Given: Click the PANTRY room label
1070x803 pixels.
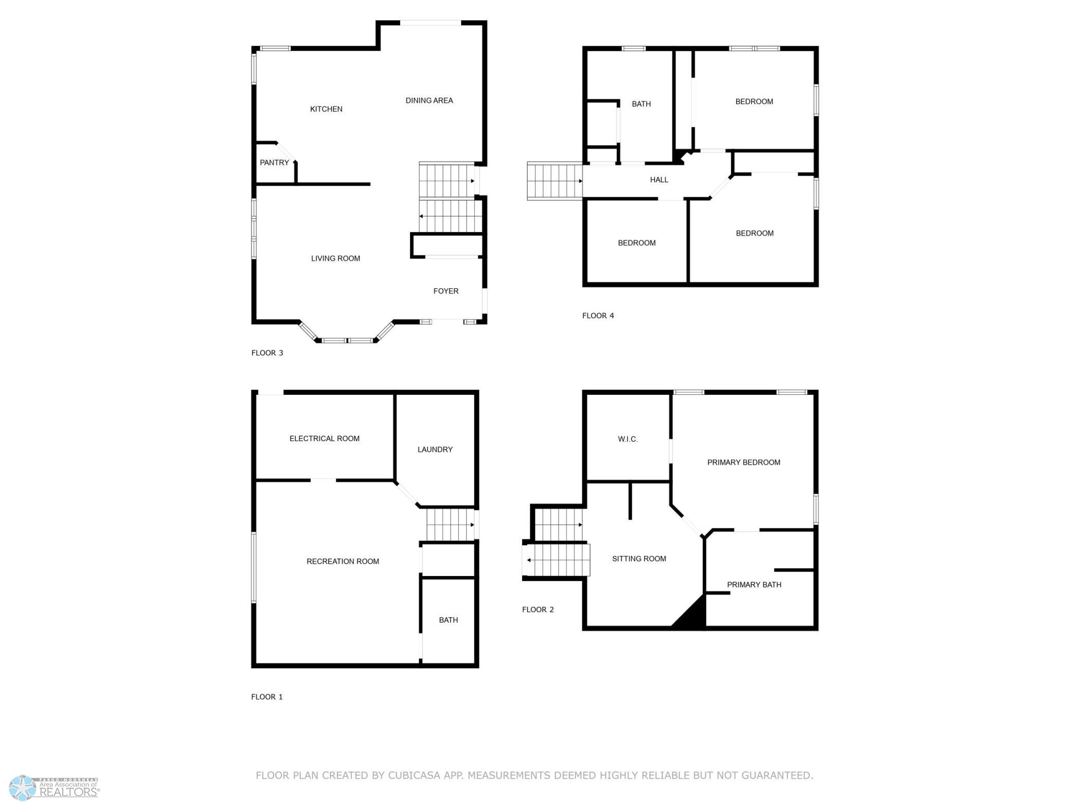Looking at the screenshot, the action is click(274, 163).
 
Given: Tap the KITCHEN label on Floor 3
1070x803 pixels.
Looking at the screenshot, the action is click(326, 109).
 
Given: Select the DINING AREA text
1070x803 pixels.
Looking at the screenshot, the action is click(429, 100).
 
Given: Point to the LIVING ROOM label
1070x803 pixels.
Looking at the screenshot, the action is click(335, 258).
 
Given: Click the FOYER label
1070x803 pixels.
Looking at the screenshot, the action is click(446, 291).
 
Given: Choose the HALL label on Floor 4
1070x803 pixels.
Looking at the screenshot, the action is click(659, 180).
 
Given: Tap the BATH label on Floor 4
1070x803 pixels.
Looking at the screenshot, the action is click(641, 104).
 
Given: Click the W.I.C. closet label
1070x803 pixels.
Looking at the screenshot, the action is click(628, 439).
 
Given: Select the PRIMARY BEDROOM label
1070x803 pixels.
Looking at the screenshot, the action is click(744, 462).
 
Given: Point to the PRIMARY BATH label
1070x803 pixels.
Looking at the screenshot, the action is click(754, 584).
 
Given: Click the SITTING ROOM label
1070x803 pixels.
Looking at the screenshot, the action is click(639, 558).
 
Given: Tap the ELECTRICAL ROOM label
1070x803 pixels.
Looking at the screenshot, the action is click(325, 439).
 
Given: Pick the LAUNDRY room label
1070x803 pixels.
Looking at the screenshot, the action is click(435, 449).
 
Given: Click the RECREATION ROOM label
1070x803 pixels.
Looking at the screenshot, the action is click(343, 561).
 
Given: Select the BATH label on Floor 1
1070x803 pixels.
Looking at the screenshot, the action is click(449, 620).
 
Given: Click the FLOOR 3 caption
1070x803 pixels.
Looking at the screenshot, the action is click(267, 353).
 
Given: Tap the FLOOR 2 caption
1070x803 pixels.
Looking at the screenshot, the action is click(538, 609).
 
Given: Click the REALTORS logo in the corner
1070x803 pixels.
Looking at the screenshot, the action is click(55, 788).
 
